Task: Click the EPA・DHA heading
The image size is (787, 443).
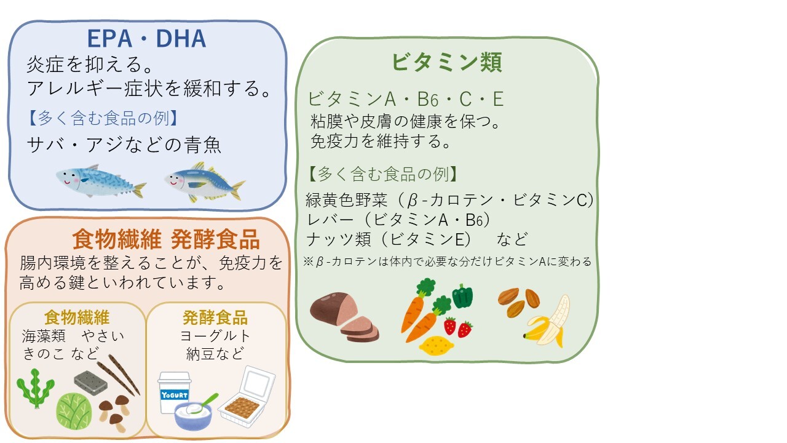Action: point(146,39)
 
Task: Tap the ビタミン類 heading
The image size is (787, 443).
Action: point(447,62)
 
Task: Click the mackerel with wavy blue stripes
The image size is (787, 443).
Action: point(101,181)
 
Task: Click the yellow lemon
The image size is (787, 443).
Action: point(437,345)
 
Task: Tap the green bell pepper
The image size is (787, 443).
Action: point(462,296)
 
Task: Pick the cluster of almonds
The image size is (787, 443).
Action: point(518,301)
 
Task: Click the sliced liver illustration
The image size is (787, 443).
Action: point(344,317)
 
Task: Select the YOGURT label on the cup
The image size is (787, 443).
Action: point(174,395)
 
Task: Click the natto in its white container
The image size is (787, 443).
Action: point(247,397)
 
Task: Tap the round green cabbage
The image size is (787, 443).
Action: point(74,411)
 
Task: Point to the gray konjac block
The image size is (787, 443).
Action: point(90,383)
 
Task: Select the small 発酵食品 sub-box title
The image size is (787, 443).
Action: point(215,317)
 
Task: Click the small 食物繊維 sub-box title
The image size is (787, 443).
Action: point(77,317)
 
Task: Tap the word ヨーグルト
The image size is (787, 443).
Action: point(215,336)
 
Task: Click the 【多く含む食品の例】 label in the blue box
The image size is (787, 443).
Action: point(103,118)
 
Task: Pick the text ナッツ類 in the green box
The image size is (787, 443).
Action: point(338,239)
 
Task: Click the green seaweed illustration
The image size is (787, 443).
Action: point(36,388)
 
